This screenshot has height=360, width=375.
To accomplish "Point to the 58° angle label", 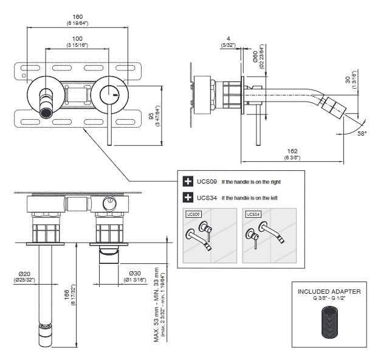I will (361, 132).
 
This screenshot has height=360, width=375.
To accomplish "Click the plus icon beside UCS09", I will (187, 181).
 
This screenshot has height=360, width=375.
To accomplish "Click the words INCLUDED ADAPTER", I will (329, 292).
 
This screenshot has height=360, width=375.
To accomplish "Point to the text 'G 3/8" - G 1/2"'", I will (329, 299).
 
